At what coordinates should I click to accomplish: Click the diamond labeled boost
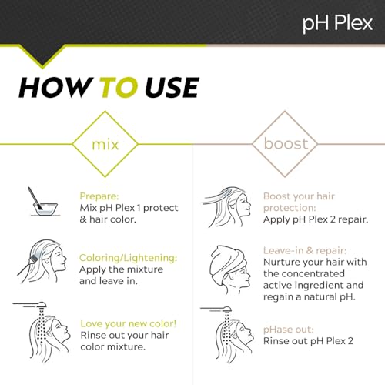(286, 144)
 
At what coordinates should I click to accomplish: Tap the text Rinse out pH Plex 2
(309, 340)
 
